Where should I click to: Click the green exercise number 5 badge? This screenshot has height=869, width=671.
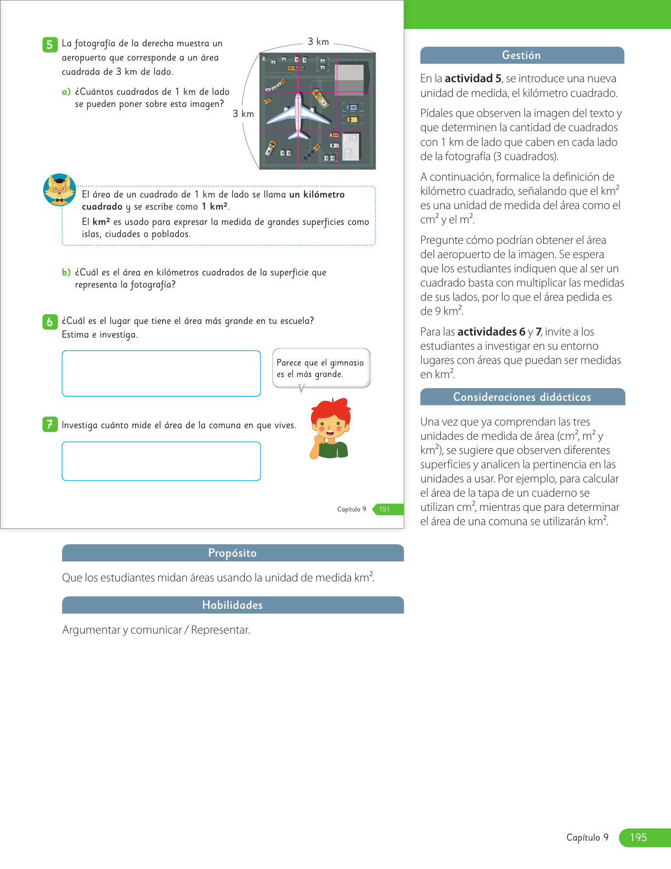pyautogui.click(x=49, y=45)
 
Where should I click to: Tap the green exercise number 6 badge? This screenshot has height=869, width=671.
pyautogui.click(x=49, y=322)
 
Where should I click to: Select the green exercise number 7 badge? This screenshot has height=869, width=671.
pyautogui.click(x=49, y=424)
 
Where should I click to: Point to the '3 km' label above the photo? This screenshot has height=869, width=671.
pyautogui.click(x=318, y=42)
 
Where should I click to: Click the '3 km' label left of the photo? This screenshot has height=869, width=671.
pyautogui.click(x=243, y=114)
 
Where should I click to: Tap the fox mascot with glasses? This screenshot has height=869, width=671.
pyautogui.click(x=59, y=189)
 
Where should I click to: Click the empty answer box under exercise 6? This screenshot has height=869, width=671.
pyautogui.click(x=161, y=373)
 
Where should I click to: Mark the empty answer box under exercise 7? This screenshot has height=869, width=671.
pyautogui.click(x=161, y=461)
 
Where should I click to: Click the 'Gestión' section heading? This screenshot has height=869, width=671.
pyautogui.click(x=522, y=55)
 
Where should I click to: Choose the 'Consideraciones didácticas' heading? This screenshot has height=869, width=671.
pyautogui.click(x=522, y=397)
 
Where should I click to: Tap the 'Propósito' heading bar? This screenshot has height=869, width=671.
pyautogui.click(x=233, y=553)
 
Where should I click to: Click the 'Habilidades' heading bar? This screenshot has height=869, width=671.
pyautogui.click(x=233, y=605)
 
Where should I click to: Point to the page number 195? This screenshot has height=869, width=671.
pyautogui.click(x=638, y=837)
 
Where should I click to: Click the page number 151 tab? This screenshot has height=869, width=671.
pyautogui.click(x=385, y=509)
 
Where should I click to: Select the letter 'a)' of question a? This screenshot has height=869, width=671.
pyautogui.click(x=66, y=92)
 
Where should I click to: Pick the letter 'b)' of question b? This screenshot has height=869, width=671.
pyautogui.click(x=66, y=272)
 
